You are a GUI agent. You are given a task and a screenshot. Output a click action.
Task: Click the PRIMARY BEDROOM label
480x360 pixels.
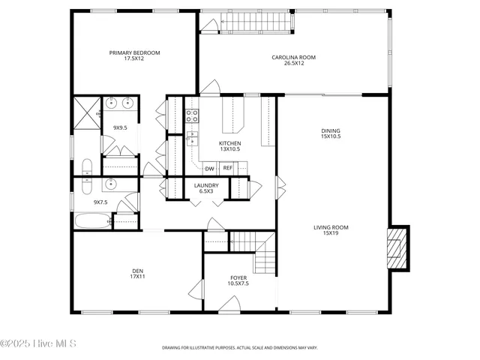click(x=135, y=53)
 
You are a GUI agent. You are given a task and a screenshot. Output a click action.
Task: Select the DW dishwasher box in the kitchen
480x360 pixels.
click(x=210, y=168)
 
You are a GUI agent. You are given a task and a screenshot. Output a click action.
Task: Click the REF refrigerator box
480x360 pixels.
click(x=227, y=168)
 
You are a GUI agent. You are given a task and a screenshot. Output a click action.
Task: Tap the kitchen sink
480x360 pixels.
click(x=192, y=138)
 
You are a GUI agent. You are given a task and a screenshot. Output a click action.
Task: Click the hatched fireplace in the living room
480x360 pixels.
click(x=394, y=247)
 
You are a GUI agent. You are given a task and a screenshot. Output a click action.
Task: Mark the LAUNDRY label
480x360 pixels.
click(x=206, y=185)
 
